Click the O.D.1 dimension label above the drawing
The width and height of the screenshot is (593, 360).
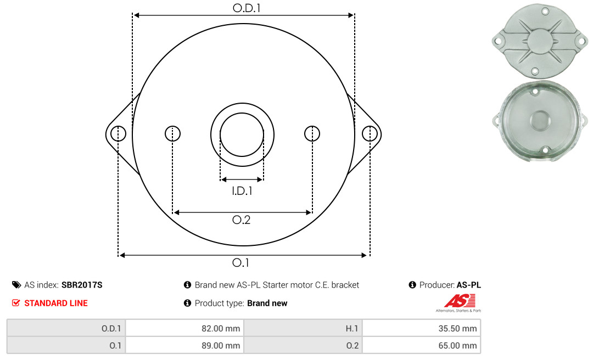247,8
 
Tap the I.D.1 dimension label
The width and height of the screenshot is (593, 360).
242,191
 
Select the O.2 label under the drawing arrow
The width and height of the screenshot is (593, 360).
241,220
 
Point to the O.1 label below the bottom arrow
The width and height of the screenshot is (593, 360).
240,262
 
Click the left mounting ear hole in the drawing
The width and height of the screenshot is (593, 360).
119,134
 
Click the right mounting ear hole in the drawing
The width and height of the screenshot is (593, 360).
370,134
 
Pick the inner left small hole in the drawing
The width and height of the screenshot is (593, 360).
173,134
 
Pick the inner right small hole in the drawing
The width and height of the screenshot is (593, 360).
312,134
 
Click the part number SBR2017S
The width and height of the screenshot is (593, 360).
82,285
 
